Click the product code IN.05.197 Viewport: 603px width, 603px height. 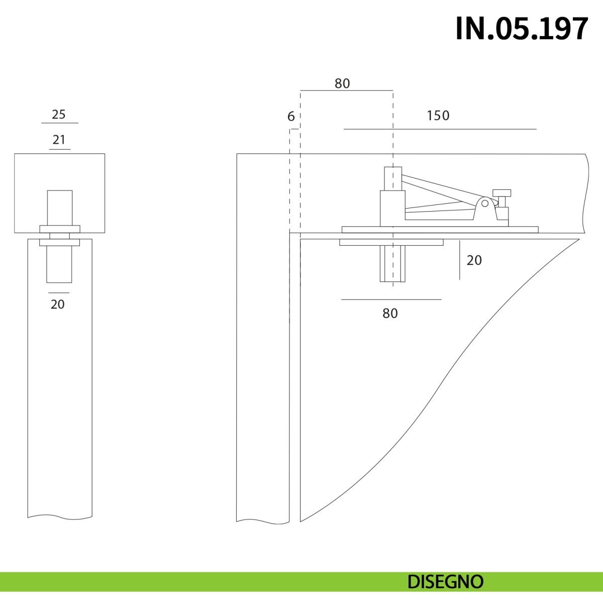click(x=522, y=29)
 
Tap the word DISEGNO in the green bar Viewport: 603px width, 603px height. click(x=445, y=582)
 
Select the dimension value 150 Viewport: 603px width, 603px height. click(x=438, y=116)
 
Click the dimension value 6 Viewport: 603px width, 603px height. click(x=291, y=117)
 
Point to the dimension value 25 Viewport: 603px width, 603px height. click(x=58, y=115)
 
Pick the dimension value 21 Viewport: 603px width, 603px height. click(x=59, y=140)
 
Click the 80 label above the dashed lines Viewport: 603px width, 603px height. click(x=342, y=83)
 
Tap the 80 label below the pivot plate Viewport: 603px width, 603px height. click(x=390, y=313)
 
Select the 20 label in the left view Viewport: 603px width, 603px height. click(x=58, y=305)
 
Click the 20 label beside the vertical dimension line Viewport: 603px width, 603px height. click(x=474, y=260)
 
